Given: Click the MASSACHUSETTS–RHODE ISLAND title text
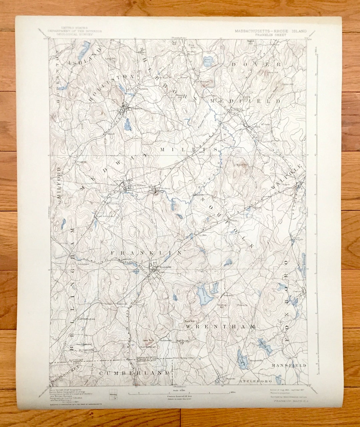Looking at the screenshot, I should click(x=271, y=31).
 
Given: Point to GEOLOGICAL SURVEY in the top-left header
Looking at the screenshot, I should click(x=75, y=34).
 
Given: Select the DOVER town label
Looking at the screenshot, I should click(x=256, y=64).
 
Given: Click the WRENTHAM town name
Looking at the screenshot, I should click(x=220, y=327).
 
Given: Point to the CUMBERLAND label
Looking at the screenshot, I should click(x=134, y=373).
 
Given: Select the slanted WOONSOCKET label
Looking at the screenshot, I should click(x=66, y=375).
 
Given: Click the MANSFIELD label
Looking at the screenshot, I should click(x=289, y=365).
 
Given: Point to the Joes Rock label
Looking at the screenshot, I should click(x=148, y=340).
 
